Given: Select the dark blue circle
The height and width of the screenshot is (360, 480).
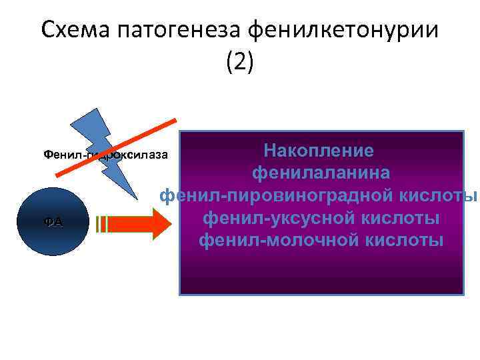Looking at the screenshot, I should coord(49,221).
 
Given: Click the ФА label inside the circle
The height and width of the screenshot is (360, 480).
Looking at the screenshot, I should coord(49,222).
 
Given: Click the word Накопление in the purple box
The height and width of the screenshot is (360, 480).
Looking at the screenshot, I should coord(319,150).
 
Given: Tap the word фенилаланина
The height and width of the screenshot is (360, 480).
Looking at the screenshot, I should coord(321,173).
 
